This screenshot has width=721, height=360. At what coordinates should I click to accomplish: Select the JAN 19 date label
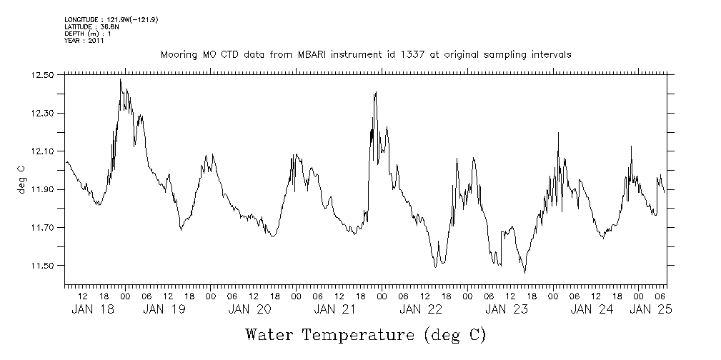[164, 309]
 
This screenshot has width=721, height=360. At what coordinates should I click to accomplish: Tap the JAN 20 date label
[249, 309]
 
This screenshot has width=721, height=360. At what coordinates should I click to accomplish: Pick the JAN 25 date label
[651, 309]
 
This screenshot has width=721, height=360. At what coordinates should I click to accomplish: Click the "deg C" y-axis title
[21, 179]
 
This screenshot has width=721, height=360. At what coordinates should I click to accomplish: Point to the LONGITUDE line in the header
[111, 19]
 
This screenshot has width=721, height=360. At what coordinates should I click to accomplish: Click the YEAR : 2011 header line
[84, 40]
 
